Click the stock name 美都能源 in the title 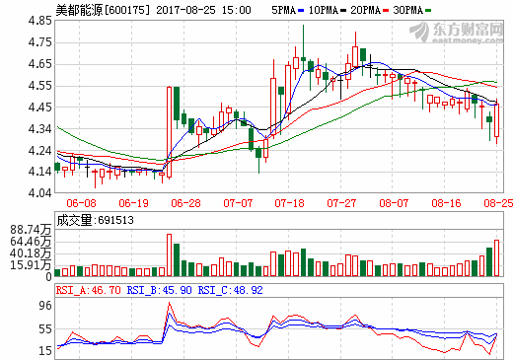(x=78, y=9)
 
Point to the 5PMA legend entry (x=285, y=9)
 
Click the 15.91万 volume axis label (x=29, y=264)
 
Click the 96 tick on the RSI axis (x=44, y=307)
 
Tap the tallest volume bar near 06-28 (x=168, y=255)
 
